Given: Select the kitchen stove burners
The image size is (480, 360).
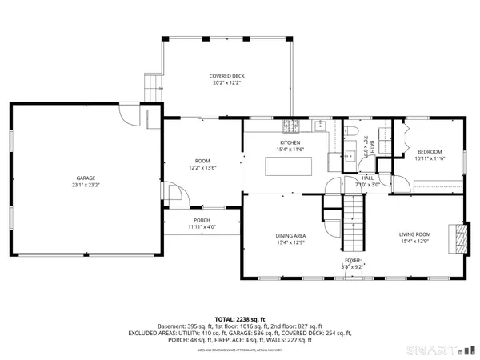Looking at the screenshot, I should point(290,126).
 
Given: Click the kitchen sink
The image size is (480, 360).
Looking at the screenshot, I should point(318,126).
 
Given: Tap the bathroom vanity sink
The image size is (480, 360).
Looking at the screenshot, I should point(350,155).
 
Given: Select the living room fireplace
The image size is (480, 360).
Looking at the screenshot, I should point(457,238).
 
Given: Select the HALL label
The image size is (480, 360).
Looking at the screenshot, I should point(367,178).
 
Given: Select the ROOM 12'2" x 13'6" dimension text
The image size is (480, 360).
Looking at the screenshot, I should point(202,168).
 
